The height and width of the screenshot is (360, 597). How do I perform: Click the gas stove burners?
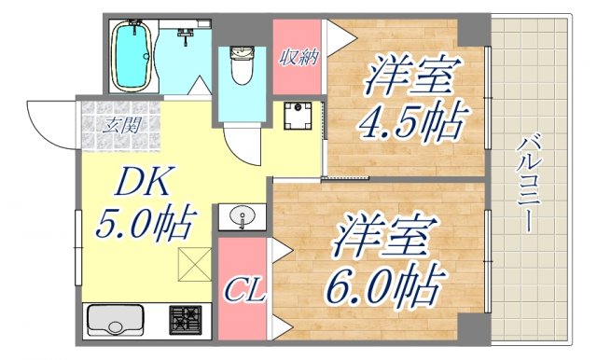coord(188,321)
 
